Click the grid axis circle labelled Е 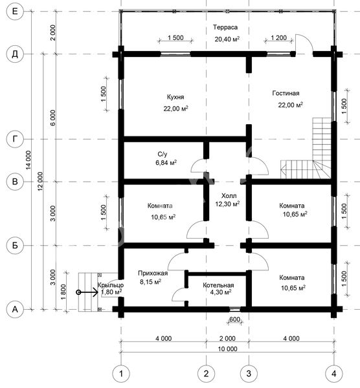[x=15, y=12]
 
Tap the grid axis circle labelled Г [x=15, y=139]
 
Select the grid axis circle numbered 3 [x=249, y=374]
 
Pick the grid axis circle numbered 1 [x=121, y=374]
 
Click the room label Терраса [x=225, y=27]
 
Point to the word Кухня [x=175, y=97]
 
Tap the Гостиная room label [x=286, y=93]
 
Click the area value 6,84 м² [x=166, y=162]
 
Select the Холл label [x=229, y=196]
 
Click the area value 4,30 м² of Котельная [x=221, y=292]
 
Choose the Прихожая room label [x=153, y=273]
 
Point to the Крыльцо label [x=111, y=285]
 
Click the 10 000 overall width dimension [x=227, y=349]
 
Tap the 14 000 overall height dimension [x=28, y=160]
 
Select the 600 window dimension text [x=234, y=319]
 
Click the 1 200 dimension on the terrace [x=278, y=38]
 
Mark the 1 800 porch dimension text [x=63, y=292]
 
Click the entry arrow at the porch [x=88, y=292]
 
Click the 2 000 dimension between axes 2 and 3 [x=227, y=338]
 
